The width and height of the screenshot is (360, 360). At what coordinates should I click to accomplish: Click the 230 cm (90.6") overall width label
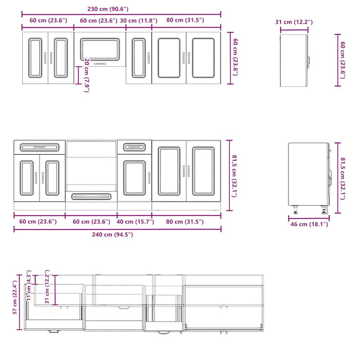pyautogui.click(x=107, y=9)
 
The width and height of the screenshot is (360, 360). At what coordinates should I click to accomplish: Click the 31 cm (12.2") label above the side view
pyautogui.click(x=294, y=22)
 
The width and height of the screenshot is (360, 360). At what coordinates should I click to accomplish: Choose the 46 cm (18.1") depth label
pyautogui.click(x=308, y=224)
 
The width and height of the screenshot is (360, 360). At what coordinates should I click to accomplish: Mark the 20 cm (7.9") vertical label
pyautogui.click(x=87, y=76)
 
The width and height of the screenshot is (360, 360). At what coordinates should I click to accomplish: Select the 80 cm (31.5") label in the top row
pyautogui.click(x=185, y=21)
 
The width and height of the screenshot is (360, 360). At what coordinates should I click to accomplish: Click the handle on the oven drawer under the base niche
pyautogui.click(x=91, y=196)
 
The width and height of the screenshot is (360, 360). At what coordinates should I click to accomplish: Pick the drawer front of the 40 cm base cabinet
pyautogui.click(x=134, y=147)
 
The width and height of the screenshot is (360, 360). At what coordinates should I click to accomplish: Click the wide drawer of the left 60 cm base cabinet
pyautogui.click(x=40, y=147)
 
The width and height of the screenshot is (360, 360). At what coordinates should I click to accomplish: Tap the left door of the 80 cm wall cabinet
pyautogui.click(x=169, y=57)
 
